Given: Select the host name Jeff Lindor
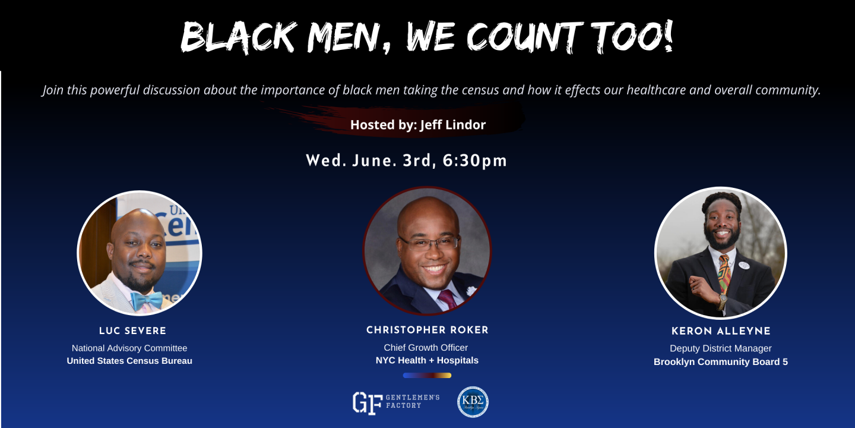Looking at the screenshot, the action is click(x=452, y=125).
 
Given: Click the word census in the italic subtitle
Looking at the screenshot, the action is click(x=480, y=90).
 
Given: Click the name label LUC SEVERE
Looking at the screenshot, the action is click(x=133, y=331).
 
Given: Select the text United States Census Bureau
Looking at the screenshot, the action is click(x=129, y=361).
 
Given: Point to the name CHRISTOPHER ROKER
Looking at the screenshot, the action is click(x=427, y=330).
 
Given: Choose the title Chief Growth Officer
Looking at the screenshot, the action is click(x=426, y=348).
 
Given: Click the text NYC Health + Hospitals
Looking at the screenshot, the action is click(x=427, y=360).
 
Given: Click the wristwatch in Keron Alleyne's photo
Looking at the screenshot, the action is click(x=722, y=301).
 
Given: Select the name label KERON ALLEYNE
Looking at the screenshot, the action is click(x=721, y=331).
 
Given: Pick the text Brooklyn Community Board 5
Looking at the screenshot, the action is click(x=721, y=362).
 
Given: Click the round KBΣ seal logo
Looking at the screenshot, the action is click(x=473, y=402).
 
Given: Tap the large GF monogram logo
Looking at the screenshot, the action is click(x=367, y=403).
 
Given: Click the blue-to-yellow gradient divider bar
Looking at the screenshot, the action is click(x=427, y=375).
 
